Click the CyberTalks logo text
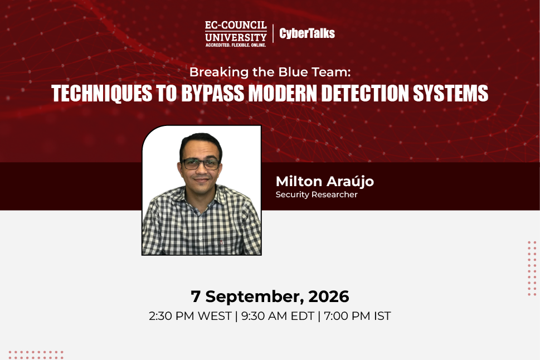pyautogui.click(x=307, y=33)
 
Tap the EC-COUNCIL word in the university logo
pyautogui.click(x=236, y=26)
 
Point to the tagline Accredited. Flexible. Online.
pyautogui.click(x=236, y=45)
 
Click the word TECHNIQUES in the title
pyautogui.click(x=102, y=94)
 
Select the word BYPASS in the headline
pyautogui.click(x=212, y=94)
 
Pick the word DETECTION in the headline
pyautogui.click(x=364, y=94)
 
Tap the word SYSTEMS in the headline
pyautogui.click(x=450, y=94)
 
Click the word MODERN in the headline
pyautogui.click(x=283, y=94)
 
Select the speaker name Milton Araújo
pyautogui.click(x=325, y=181)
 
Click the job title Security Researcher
pyautogui.click(x=317, y=194)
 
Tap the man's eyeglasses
pyautogui.click(x=201, y=164)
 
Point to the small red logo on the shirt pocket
pyautogui.click(x=221, y=243)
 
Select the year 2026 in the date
pyautogui.click(x=329, y=296)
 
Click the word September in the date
pyautogui.click(x=255, y=297)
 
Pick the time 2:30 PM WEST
pyautogui.click(x=190, y=316)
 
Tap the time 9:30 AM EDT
pyautogui.click(x=278, y=316)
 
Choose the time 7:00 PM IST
pyautogui.click(x=357, y=316)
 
